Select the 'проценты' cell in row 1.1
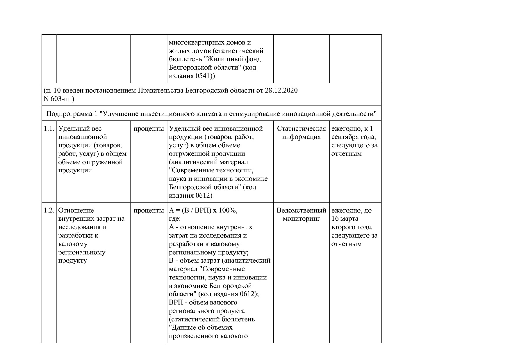[x=149, y=129]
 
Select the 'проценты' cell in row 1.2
[x=149, y=210]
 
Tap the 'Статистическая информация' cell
[x=301, y=133]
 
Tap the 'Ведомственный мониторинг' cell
[x=301, y=215]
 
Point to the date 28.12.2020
[x=281, y=91]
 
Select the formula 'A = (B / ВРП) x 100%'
[x=203, y=210]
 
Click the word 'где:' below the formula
[x=175, y=219]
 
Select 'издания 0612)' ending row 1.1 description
[x=191, y=196]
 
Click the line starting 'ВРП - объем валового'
[x=203, y=302]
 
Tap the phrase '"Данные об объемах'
[x=201, y=328]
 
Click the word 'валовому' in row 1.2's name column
[x=73, y=244]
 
